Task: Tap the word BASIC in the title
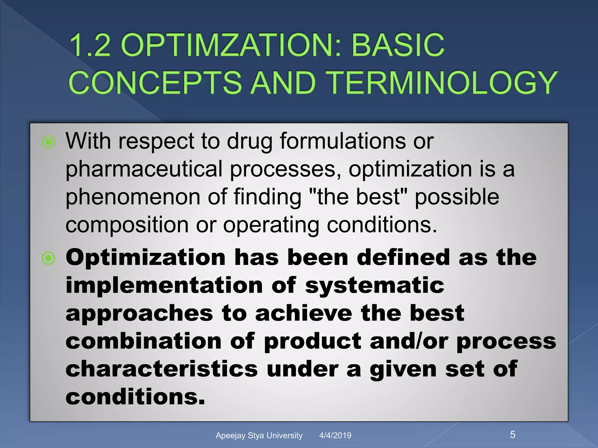pyautogui.click(x=398, y=45)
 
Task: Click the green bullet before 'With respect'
pyautogui.click(x=48, y=142)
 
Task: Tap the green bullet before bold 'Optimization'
pyautogui.click(x=48, y=258)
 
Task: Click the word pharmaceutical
pyautogui.click(x=144, y=169)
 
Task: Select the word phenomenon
pyautogui.click(x=132, y=197)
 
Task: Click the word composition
pyautogui.click(x=127, y=225)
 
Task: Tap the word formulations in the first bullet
pyautogui.click(x=342, y=141)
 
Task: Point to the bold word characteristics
pyautogui.click(x=161, y=369)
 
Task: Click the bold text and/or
pyautogui.click(x=408, y=341)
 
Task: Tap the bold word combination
pyautogui.click(x=143, y=341)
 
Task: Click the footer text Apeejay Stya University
pyautogui.click(x=259, y=435)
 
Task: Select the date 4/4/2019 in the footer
pyautogui.click(x=335, y=435)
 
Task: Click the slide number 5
pyautogui.click(x=512, y=435)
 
